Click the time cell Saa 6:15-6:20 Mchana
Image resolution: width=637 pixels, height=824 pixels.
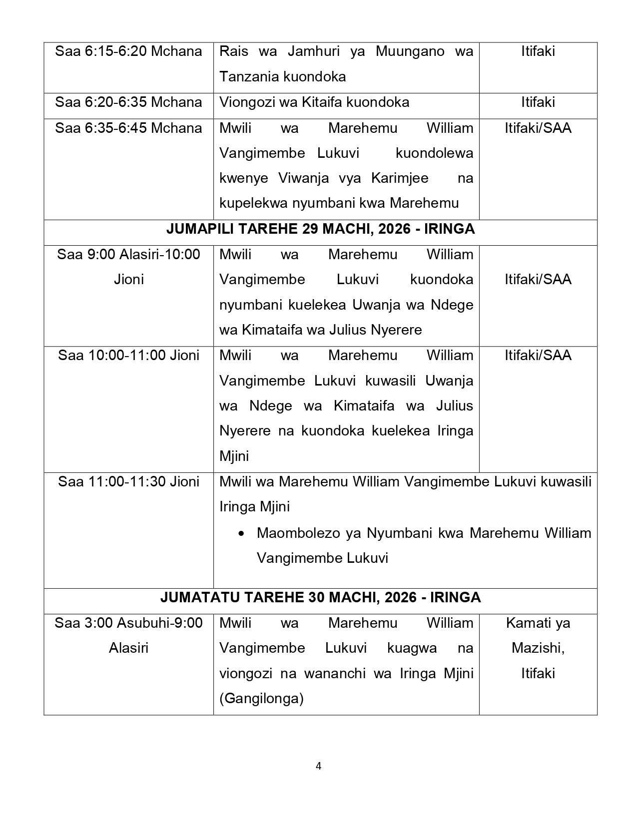[x=128, y=51]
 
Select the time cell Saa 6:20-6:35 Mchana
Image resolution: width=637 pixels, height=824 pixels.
[x=128, y=102]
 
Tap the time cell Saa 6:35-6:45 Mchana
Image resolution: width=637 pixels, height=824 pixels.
[x=128, y=128]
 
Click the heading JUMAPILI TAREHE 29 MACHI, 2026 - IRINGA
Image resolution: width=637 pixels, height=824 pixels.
[x=320, y=229]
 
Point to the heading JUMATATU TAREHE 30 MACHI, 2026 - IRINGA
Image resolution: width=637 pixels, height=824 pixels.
[x=320, y=598]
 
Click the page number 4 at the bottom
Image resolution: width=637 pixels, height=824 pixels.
[x=319, y=766]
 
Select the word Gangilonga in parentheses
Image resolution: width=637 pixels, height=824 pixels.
[x=261, y=699]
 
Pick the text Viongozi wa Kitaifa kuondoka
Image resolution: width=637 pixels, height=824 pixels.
[x=314, y=102]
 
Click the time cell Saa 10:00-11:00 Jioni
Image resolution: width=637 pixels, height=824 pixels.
[x=128, y=356]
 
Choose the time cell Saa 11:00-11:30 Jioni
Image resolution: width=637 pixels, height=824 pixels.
[x=128, y=482]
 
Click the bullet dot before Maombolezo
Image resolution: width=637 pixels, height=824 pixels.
[x=242, y=534]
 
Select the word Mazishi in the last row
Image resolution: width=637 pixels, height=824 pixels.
[x=538, y=648]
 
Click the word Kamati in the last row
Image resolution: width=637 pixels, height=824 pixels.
[x=526, y=623]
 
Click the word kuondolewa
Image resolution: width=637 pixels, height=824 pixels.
[x=434, y=153]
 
